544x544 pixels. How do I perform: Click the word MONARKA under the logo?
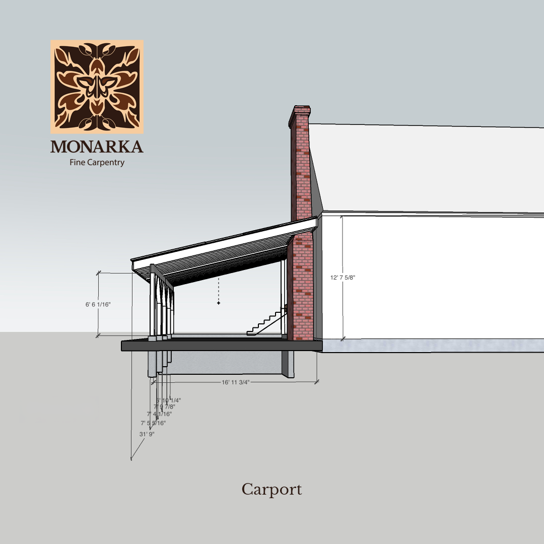[97, 147]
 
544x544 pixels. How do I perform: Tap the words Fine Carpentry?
[97, 163]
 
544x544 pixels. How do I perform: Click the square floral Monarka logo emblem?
[97, 87]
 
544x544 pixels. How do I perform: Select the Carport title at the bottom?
[271, 490]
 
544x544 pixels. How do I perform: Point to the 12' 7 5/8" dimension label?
[343, 278]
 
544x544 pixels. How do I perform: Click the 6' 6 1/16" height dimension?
[98, 304]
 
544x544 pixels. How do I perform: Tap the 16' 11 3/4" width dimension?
[236, 382]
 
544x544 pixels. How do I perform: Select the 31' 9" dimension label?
[147, 434]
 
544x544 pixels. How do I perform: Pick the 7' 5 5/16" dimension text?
[153, 423]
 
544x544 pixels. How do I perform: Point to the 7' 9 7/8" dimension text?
[165, 406]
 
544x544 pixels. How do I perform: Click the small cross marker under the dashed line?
[219, 303]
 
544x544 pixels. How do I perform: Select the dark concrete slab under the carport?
[222, 346]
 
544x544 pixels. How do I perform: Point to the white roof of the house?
[423, 166]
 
